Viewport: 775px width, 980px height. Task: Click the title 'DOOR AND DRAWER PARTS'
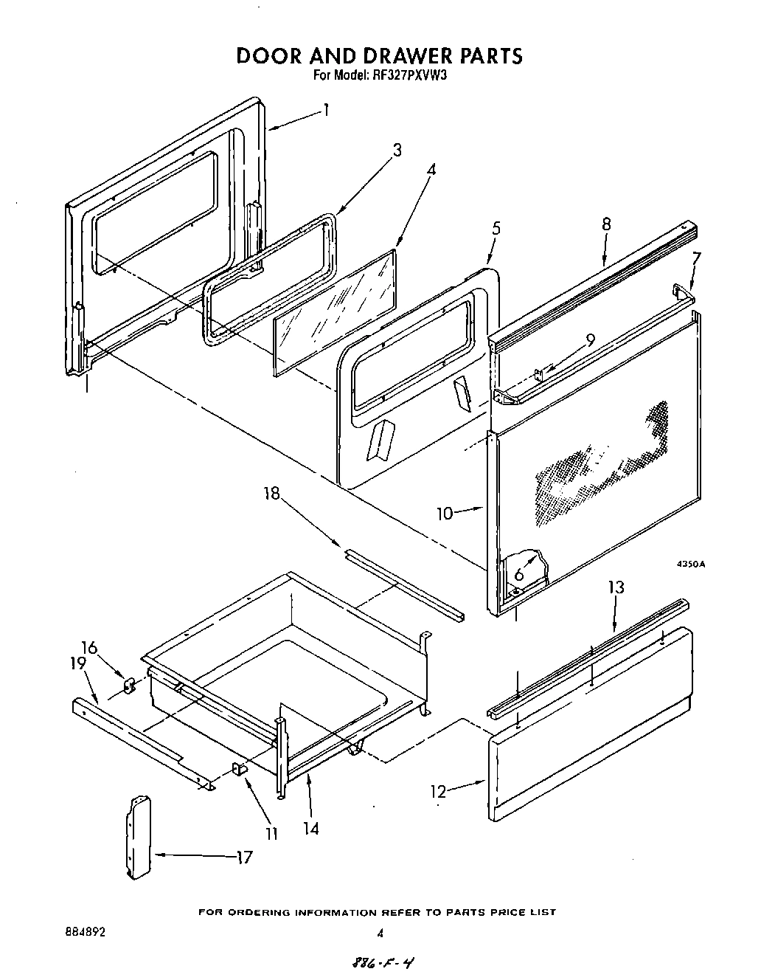[379, 56]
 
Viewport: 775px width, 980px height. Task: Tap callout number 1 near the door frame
[325, 111]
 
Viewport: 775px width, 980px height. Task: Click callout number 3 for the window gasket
[397, 151]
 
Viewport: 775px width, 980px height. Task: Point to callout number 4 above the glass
[431, 169]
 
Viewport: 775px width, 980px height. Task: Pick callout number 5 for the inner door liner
[496, 228]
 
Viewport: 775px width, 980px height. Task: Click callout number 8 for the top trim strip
[606, 224]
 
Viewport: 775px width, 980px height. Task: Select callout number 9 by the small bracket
[590, 340]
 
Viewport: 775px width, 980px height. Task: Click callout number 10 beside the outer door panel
[445, 513]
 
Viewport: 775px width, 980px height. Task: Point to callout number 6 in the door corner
[519, 573]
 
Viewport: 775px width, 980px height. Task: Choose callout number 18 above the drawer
[273, 493]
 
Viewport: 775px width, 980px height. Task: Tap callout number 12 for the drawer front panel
[439, 791]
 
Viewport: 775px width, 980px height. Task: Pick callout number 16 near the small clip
[88, 647]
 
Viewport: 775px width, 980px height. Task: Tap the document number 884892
[86, 933]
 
